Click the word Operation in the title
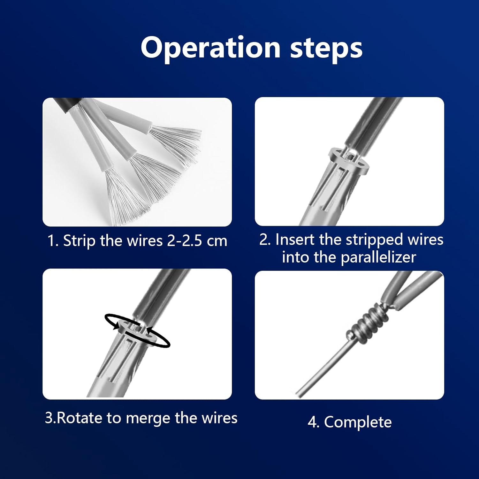point(210,48)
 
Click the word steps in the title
point(326,49)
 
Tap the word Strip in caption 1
point(79,240)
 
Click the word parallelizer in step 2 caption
point(378,257)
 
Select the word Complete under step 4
point(358,422)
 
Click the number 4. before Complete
point(314,422)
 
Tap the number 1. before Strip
point(53,240)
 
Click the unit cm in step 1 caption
point(217,241)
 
